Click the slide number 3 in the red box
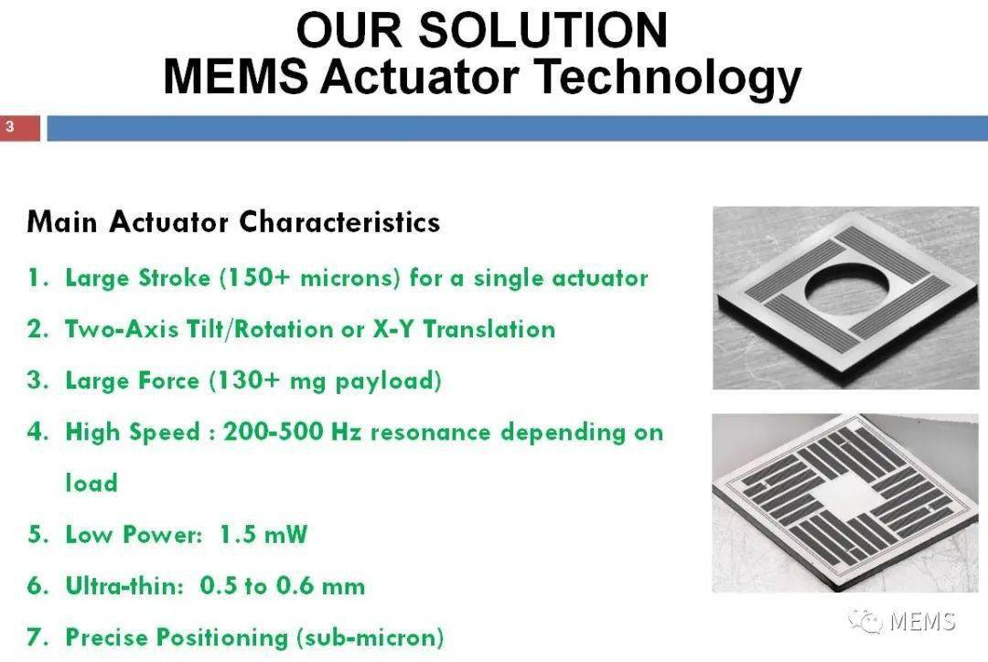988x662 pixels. tap(9, 126)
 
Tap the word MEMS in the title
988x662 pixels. tap(236, 76)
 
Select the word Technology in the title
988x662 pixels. tap(668, 79)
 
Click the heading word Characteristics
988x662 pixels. tap(339, 221)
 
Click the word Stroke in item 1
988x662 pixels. tap(174, 278)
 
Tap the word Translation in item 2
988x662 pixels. tap(489, 329)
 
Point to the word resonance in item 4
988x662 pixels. tap(430, 432)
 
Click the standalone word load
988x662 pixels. tap(91, 483)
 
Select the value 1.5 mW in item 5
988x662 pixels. tap(263, 534)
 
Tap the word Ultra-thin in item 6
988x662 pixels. tap(124, 585)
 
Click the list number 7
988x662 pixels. tap(36, 636)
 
